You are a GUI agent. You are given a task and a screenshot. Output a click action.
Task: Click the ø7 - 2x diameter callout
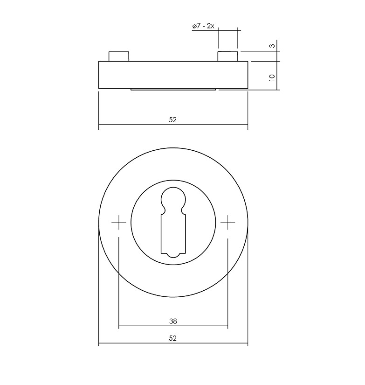[x=203, y=26]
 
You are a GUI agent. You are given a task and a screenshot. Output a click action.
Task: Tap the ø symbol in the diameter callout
[x=194, y=27]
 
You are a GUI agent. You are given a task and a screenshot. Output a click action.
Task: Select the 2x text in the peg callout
[x=210, y=26]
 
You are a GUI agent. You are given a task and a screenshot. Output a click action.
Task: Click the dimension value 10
[x=272, y=77]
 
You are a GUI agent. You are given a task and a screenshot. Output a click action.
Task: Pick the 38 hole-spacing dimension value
[x=173, y=321]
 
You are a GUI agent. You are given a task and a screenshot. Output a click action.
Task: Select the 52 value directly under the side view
[x=173, y=119]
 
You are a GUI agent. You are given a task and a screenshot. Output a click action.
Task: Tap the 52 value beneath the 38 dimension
[x=173, y=338]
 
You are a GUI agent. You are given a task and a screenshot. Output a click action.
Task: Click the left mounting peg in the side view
[x=118, y=56]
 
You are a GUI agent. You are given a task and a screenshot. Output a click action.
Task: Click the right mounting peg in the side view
[x=228, y=56]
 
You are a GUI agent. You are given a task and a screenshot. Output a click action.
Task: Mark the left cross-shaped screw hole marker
[x=119, y=223]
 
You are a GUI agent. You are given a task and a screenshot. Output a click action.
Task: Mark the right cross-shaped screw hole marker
[x=228, y=223]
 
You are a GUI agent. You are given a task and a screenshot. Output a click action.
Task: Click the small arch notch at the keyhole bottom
[x=173, y=255]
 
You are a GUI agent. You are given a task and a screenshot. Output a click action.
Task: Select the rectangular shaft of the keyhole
[x=173, y=233]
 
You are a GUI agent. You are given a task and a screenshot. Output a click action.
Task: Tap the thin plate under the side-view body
[x=173, y=89]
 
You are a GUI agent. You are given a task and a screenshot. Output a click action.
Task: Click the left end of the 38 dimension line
[x=119, y=326]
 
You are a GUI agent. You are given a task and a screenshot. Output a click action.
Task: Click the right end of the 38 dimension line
[x=227, y=326]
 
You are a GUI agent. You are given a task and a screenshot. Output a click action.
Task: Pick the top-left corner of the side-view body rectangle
[x=99, y=61]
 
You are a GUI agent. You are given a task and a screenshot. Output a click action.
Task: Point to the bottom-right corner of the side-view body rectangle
[x=248, y=88]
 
